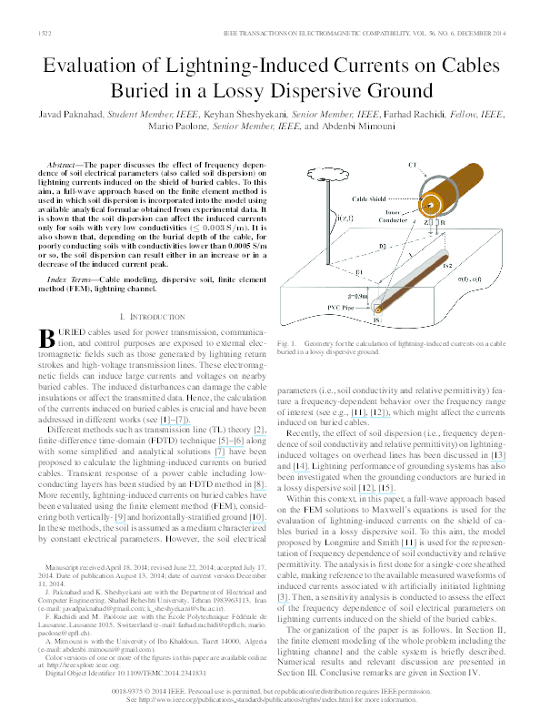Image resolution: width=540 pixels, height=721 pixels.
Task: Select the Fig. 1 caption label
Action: point(285,342)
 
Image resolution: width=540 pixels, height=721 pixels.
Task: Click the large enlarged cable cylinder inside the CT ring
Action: point(445,196)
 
